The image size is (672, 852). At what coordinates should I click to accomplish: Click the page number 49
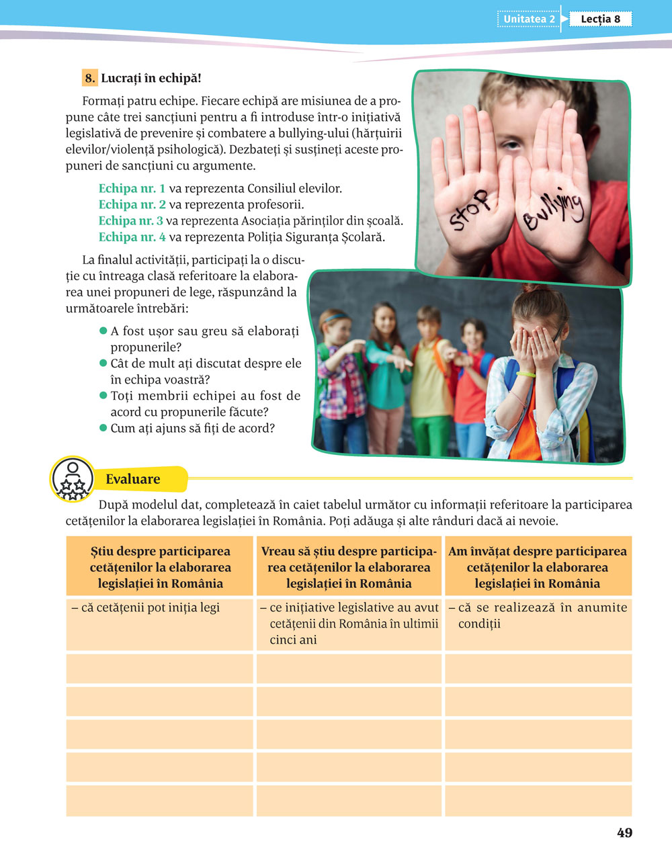point(624,833)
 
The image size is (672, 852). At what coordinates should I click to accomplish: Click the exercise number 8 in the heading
point(90,78)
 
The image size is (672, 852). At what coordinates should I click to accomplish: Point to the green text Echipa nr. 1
point(132,189)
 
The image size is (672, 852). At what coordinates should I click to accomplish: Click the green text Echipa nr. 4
point(132,237)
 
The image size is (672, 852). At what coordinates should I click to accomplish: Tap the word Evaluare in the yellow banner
point(133,479)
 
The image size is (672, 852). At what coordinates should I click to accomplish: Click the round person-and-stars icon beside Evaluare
point(72,479)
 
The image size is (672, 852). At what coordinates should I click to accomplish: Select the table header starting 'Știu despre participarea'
point(160,567)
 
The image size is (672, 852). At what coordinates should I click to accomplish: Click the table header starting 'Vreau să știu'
point(349,567)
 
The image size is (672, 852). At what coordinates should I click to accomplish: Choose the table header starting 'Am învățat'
point(538,567)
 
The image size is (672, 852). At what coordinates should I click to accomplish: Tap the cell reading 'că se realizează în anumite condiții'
point(538,615)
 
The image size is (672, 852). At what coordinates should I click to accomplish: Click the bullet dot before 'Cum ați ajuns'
point(103,428)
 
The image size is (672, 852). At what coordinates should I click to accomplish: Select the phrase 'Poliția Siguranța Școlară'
point(317,237)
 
